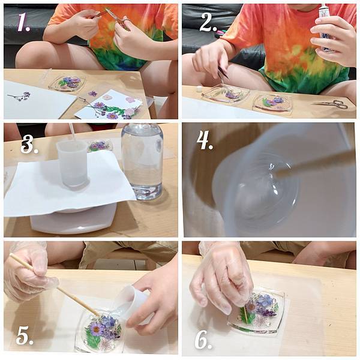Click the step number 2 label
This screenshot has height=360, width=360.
coord(208,22)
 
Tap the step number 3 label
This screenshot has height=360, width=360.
coord(29,144)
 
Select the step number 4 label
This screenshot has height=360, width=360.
coord(205,140)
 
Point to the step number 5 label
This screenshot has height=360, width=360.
coord(25,335)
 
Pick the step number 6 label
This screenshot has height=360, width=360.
coord(203,340)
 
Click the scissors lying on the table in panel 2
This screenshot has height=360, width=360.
coord(330,104)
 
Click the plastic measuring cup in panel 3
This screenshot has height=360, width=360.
coord(73,163)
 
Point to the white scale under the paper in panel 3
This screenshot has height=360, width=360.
coord(73,218)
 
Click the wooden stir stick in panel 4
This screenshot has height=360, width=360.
coord(315,163)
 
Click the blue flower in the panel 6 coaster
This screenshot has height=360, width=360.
coord(265,301)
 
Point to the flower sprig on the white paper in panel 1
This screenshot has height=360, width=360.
coord(20,96)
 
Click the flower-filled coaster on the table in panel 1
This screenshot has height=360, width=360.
coord(67,83)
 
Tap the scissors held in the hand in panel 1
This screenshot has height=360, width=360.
coord(118,19)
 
